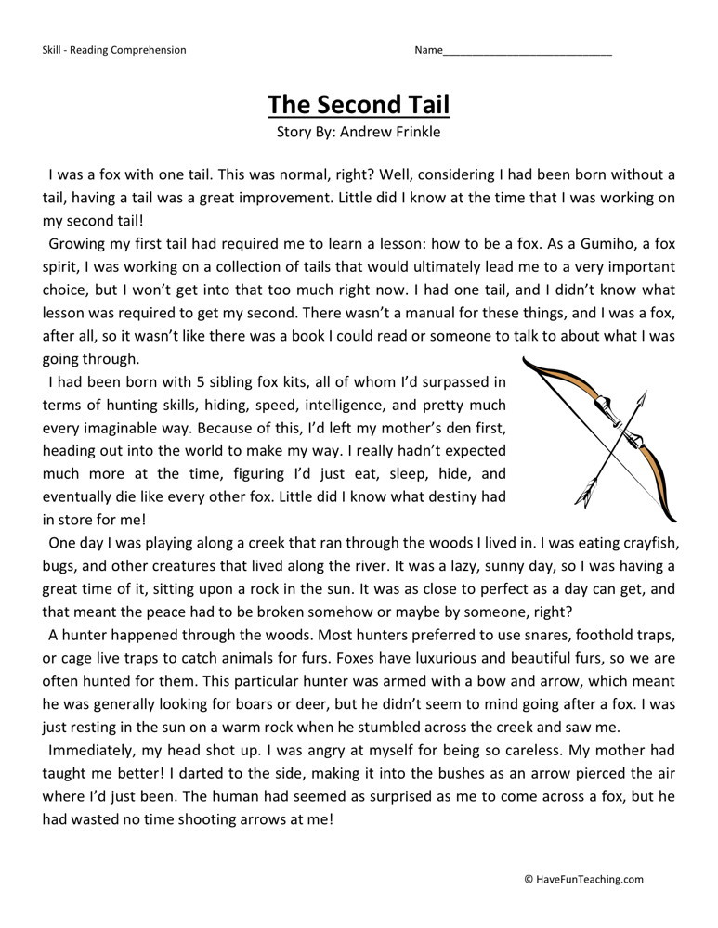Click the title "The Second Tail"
click(x=359, y=104)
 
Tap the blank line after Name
click(x=528, y=50)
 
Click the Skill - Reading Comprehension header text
click(x=114, y=50)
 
